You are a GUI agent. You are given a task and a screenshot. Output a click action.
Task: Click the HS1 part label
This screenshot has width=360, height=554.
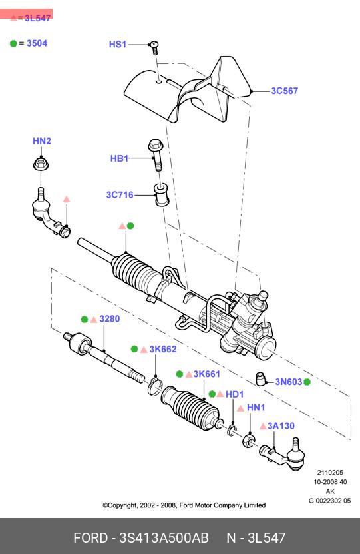pos(118,44)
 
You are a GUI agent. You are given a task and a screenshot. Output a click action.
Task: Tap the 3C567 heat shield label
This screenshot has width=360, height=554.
pos(284,91)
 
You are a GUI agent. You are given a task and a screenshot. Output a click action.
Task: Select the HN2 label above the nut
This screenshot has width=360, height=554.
pos(42,141)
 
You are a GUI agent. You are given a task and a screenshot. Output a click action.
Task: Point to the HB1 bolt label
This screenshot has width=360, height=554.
pos(119,158)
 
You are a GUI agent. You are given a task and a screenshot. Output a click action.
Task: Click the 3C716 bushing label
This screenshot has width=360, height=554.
pos(120,194)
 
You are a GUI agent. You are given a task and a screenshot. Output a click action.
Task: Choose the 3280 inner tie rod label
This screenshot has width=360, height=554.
pos(110,319)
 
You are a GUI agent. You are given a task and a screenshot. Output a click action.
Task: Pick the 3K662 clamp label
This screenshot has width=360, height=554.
pos(163,349)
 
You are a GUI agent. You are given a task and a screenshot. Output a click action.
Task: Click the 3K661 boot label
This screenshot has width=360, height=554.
pos(206,374)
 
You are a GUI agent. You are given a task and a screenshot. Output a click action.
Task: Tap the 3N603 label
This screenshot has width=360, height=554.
pos(289,382)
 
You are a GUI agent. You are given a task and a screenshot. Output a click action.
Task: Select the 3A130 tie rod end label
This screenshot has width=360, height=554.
pos(281,425)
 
